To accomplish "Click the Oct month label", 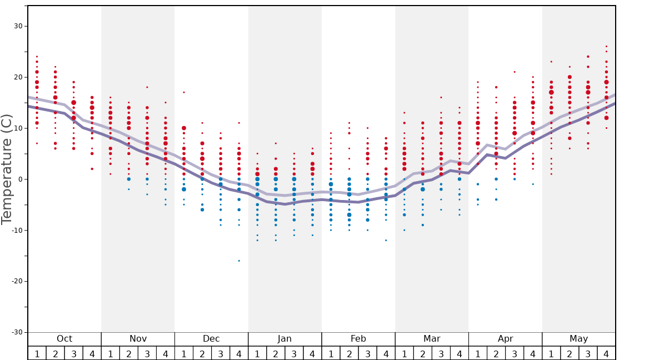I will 64,339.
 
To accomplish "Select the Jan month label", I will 284,339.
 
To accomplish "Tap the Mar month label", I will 432,339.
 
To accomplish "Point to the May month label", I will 578,339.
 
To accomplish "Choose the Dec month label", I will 211,339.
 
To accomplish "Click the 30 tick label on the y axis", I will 18,26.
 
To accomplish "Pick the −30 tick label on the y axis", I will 16,332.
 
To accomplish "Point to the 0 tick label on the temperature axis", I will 20,179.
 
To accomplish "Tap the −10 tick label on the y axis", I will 16,230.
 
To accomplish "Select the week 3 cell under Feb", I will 367,354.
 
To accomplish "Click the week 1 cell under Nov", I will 111,354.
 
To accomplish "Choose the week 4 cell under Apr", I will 533,354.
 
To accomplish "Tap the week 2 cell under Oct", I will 55,354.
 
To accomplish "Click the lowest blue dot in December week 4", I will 239,261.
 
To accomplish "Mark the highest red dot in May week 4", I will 606,47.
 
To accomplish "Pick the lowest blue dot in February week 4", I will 386,240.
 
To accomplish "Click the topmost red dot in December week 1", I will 184,92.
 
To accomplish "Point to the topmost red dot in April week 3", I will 515,72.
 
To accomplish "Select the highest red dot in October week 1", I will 37,56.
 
